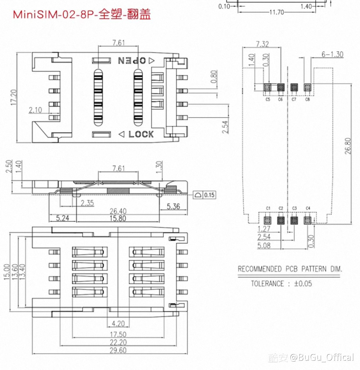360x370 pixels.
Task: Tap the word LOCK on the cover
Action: (x=141, y=134)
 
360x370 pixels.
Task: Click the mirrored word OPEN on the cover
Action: (x=132, y=60)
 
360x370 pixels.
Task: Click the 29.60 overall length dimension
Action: (x=118, y=350)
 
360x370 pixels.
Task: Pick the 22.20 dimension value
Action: (x=118, y=342)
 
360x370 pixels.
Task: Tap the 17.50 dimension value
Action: (x=118, y=334)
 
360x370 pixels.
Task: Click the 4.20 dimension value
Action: (x=118, y=324)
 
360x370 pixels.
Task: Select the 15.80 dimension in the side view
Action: (x=118, y=218)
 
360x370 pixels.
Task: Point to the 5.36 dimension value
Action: (x=173, y=206)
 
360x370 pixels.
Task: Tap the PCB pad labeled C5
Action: (x=267, y=87)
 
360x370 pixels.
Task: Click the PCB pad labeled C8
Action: (x=307, y=87)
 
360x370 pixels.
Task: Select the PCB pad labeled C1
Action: (x=267, y=220)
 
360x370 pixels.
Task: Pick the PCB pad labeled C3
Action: (x=294, y=220)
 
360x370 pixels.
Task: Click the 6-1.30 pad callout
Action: (x=332, y=54)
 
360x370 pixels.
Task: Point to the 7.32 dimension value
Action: (x=262, y=44)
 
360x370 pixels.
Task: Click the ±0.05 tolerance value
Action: (x=303, y=283)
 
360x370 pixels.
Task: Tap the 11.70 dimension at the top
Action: (x=276, y=12)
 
